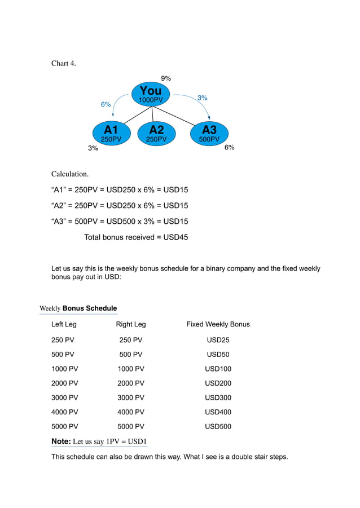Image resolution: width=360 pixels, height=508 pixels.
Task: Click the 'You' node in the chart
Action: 151,94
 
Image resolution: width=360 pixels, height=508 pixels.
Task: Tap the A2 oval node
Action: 156,134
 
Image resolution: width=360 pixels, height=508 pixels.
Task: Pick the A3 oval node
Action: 209,134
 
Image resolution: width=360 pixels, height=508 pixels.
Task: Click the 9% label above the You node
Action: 166,78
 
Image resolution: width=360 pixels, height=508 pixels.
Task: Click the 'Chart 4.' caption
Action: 63,63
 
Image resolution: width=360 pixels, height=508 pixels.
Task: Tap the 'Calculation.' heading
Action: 70,174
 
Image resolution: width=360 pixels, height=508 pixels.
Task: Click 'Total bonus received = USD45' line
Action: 136,237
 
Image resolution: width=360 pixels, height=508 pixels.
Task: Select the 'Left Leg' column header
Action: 64,324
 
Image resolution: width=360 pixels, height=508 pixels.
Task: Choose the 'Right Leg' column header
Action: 130,324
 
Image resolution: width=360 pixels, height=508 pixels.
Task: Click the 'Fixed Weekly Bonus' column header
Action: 218,324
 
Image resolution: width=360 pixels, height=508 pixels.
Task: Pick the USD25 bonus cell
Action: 218,340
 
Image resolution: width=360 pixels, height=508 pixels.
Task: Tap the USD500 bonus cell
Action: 218,427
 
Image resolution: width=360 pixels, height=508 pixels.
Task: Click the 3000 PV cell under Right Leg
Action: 130,398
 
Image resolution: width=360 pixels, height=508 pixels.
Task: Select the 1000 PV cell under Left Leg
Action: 64,369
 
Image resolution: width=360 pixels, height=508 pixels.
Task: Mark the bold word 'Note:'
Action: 61,441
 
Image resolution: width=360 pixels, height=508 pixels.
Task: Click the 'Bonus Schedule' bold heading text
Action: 90,308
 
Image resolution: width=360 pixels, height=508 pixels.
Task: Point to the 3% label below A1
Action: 93,148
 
